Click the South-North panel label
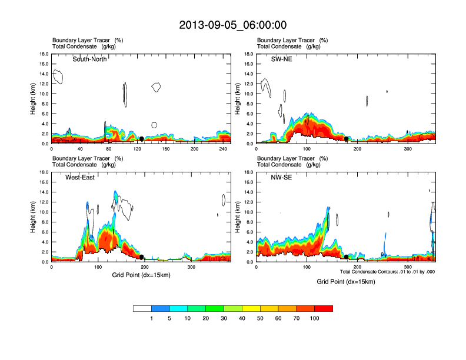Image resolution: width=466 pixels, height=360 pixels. (x=89, y=59)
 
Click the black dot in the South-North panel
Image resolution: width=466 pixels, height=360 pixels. (x=141, y=139)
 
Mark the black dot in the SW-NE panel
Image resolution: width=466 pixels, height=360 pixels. (x=347, y=139)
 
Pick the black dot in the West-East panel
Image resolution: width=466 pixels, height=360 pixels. (x=142, y=257)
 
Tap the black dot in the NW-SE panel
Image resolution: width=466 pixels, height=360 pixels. (x=347, y=257)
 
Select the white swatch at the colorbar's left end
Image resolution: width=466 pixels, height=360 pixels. (x=142, y=308)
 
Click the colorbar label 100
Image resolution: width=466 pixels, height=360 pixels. (x=315, y=318)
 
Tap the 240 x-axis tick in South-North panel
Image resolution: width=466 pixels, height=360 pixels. (x=223, y=149)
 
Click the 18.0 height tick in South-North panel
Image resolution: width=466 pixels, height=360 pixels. (x=43, y=54)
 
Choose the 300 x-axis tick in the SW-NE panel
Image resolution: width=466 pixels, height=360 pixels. (x=408, y=149)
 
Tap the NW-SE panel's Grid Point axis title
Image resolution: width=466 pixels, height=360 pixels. (x=346, y=282)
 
